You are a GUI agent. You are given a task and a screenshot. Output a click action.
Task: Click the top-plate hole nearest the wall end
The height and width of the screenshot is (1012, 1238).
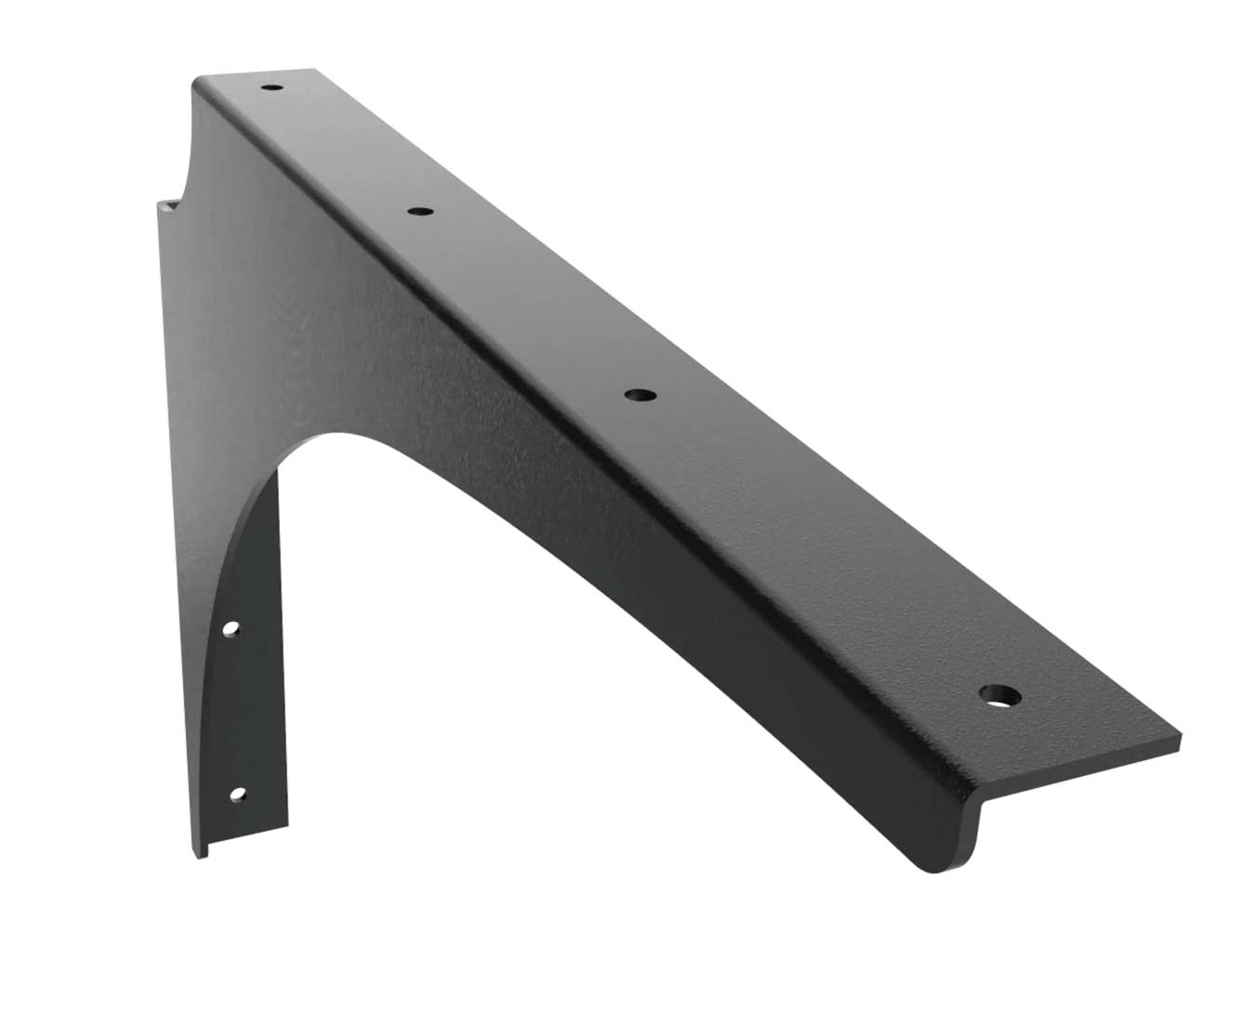[271, 88]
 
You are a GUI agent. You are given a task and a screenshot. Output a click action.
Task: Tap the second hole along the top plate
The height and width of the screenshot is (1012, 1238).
[420, 213]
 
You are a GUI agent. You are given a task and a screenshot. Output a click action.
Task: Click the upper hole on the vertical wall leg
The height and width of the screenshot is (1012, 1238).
[230, 629]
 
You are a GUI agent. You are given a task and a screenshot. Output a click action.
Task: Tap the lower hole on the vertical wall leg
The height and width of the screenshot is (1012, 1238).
[238, 794]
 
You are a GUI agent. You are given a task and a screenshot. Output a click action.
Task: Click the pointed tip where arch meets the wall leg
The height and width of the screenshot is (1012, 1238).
[279, 483]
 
